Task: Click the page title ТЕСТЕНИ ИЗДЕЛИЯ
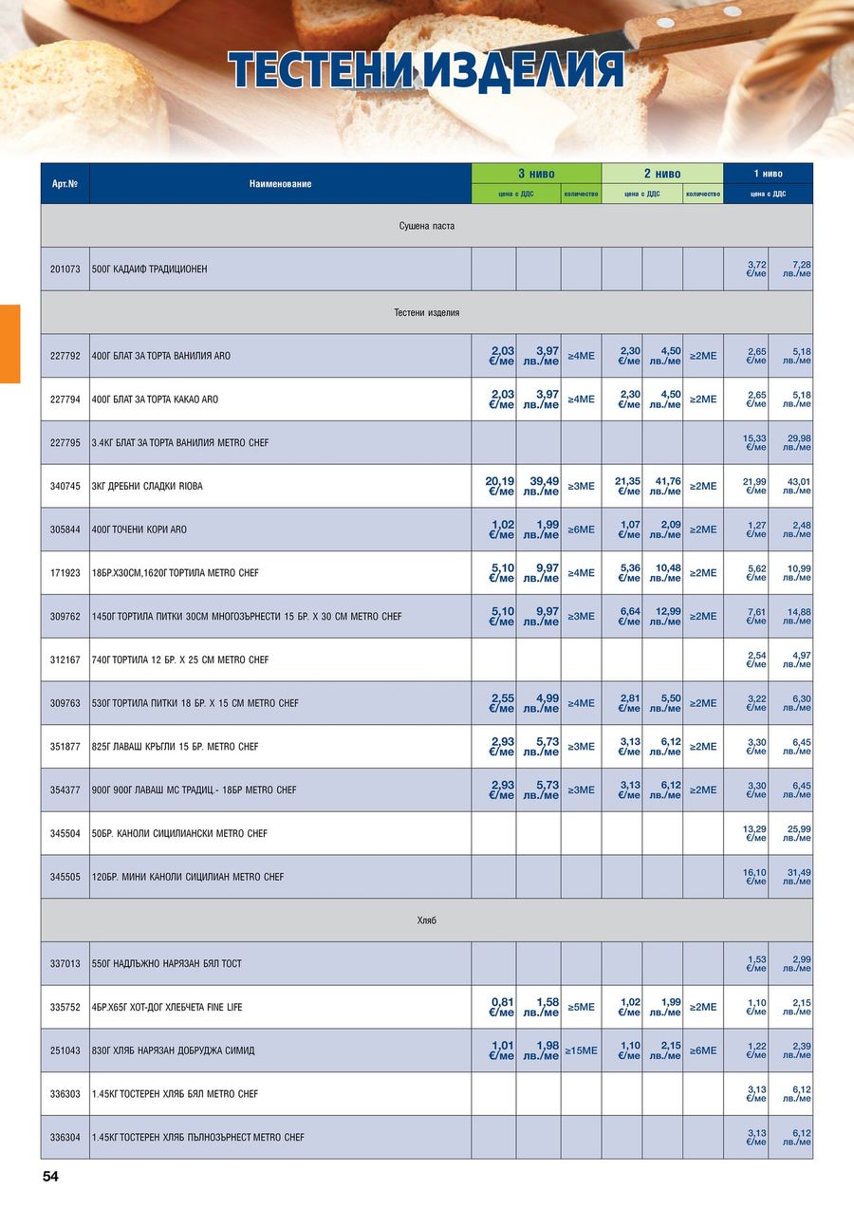tap(426, 71)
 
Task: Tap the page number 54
tap(50, 1177)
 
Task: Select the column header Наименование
tap(280, 183)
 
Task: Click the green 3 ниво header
tap(536, 174)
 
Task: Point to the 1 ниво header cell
tap(768, 174)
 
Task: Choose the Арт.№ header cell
tap(65, 183)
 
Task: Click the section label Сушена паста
tap(426, 226)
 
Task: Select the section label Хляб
tap(426, 920)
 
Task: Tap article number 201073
tap(65, 269)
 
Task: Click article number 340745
tap(65, 486)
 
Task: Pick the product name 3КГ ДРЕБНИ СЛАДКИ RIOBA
tap(147, 486)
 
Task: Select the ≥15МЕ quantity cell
tap(581, 1050)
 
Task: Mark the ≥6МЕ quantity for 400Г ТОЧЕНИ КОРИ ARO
tap(581, 530)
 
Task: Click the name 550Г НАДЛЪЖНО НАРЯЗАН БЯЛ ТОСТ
tap(166, 964)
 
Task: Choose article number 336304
tap(65, 1137)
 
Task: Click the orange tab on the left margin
tap(9, 344)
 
